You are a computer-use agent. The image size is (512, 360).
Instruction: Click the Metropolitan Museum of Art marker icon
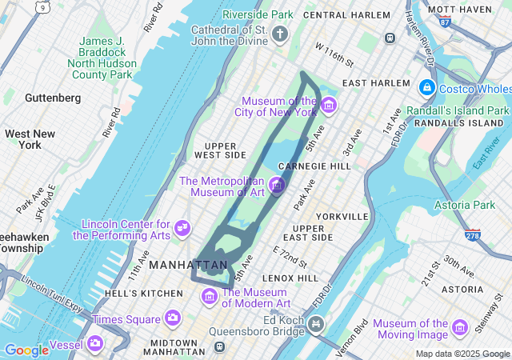point(278,187)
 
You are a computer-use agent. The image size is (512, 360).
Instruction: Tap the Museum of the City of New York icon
point(328,106)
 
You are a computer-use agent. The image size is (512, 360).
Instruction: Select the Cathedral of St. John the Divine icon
point(280,34)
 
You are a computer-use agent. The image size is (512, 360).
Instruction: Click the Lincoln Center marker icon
point(182,229)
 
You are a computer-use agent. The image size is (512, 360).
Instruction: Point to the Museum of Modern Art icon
point(210,297)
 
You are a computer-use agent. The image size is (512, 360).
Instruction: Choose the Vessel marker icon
point(95,343)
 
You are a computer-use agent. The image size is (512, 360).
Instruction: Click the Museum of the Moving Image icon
point(459,327)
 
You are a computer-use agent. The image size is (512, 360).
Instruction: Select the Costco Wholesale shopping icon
point(427,87)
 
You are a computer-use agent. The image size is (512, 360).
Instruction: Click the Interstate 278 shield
point(472,234)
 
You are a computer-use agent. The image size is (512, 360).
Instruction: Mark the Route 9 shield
point(42,7)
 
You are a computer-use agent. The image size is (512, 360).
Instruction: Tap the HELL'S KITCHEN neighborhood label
point(144,294)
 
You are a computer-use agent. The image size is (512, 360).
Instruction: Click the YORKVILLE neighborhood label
point(342,216)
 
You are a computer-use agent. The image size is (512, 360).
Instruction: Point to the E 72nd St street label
point(290,257)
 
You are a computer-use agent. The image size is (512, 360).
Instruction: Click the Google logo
point(27,350)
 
